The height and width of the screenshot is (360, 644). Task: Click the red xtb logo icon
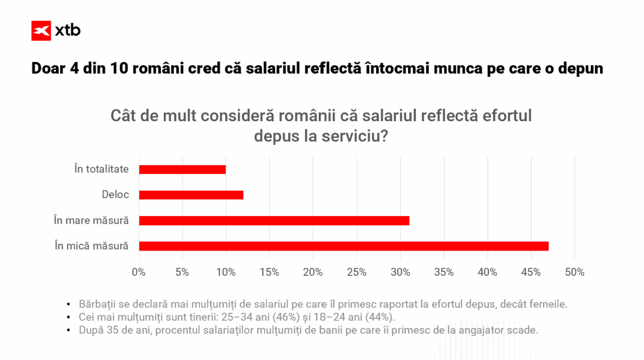click(x=41, y=31)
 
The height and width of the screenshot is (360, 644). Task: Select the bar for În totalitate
click(x=182, y=170)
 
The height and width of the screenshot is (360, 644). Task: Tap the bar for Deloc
click(x=191, y=195)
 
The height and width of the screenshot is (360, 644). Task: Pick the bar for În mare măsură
click(x=274, y=221)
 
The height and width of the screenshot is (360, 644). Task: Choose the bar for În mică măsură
click(x=343, y=246)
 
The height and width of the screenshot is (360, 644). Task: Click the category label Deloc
click(x=115, y=195)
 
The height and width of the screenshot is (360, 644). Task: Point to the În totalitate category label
click(x=101, y=169)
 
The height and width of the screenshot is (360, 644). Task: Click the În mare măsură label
click(x=91, y=221)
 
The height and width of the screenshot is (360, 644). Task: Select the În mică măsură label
click(x=91, y=246)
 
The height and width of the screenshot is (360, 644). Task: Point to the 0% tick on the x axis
click(x=138, y=273)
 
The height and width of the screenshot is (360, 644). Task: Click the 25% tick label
click(x=356, y=273)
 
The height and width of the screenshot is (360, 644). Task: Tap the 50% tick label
click(x=575, y=273)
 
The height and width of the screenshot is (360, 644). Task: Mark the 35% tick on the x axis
click(x=444, y=273)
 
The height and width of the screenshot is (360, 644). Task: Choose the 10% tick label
click(x=226, y=273)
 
